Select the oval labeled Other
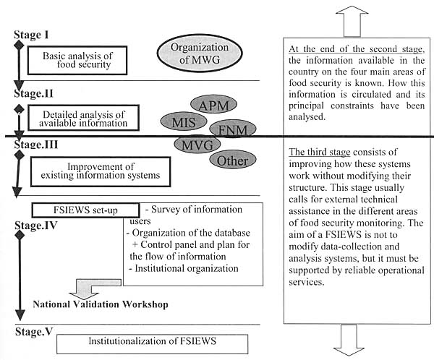click(x=231, y=160)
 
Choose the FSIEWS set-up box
click(x=85, y=210)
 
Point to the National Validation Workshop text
click(x=101, y=304)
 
